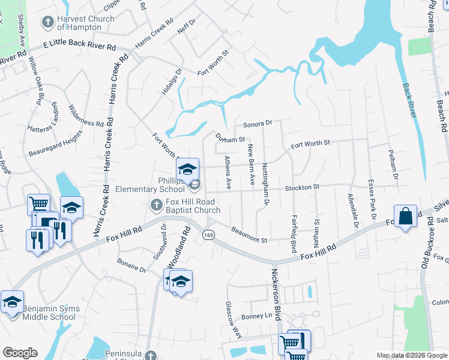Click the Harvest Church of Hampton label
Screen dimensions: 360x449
(x=85, y=23)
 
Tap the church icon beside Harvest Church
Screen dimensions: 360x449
(x=47, y=23)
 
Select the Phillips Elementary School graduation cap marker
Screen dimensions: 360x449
(x=187, y=170)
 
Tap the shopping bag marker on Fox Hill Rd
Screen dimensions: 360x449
(x=406, y=217)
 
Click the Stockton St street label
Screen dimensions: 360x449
(x=302, y=188)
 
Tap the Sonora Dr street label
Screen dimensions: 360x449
(x=258, y=125)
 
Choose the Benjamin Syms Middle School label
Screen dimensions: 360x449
(x=49, y=313)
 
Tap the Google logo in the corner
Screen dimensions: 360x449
(x=20, y=353)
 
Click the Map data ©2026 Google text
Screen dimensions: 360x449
(x=411, y=355)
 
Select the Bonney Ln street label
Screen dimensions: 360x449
(x=257, y=315)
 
